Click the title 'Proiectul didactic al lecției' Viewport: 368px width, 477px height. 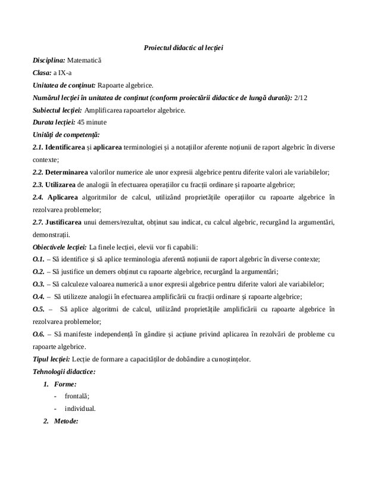pyautogui.click(x=183, y=47)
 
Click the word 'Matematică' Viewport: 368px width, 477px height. pyautogui.click(x=85, y=60)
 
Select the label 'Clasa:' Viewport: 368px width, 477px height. pyautogui.click(x=42, y=73)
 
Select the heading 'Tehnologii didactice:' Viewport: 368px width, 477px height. pyautogui.click(x=64, y=371)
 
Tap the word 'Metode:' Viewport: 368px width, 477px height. pyautogui.click(x=66, y=421)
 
